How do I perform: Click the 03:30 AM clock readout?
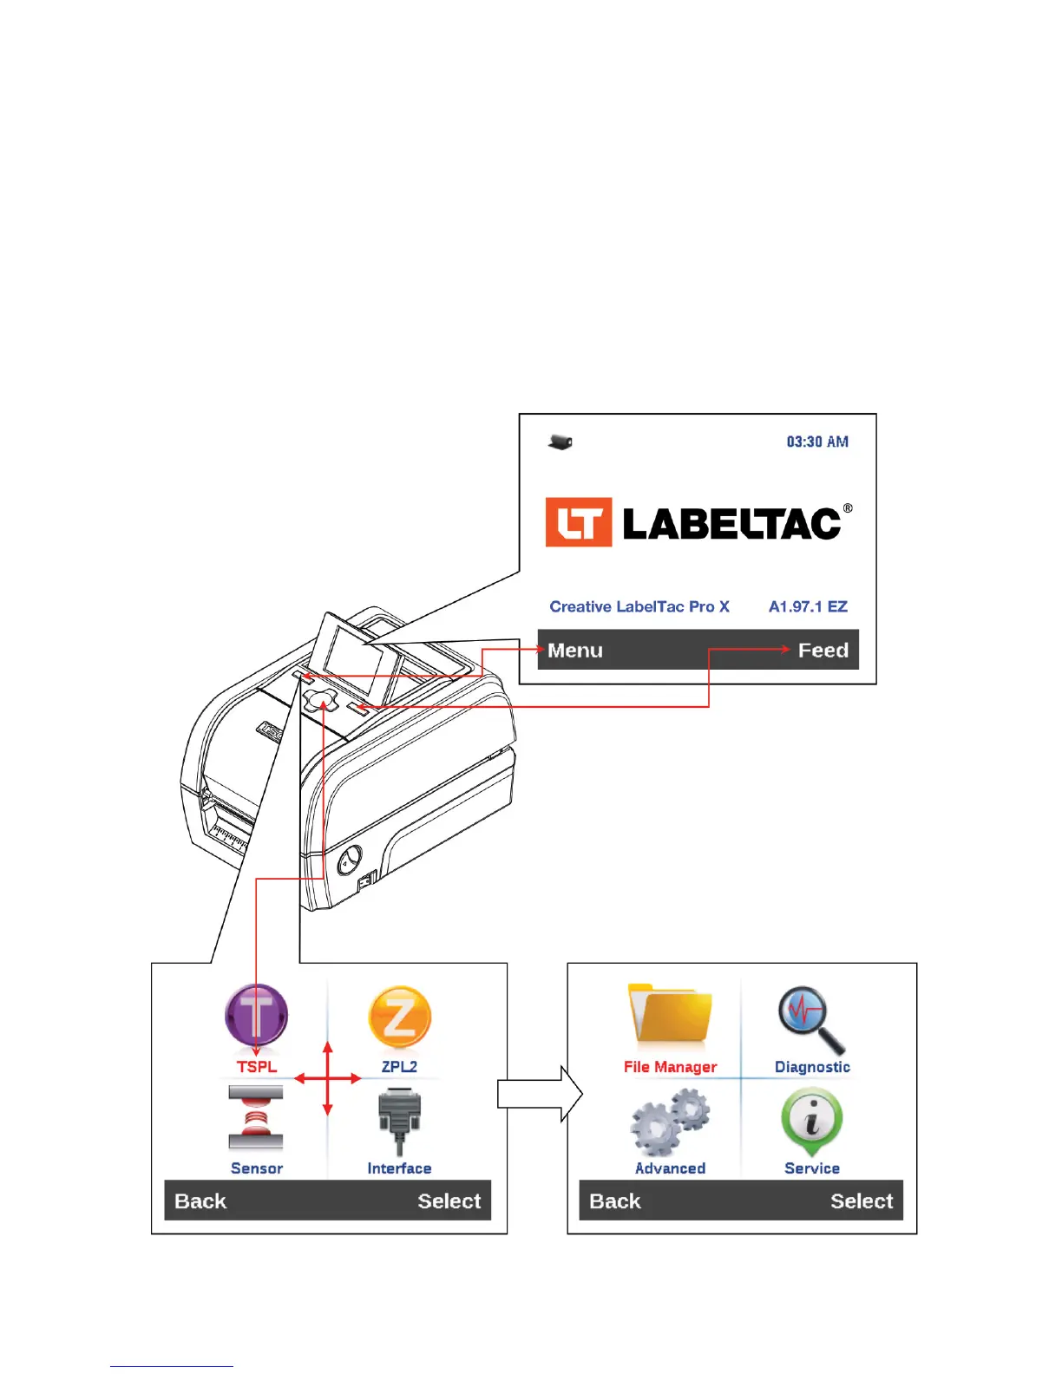click(816, 442)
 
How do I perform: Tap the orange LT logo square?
click(579, 522)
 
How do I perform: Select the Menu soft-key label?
click(575, 651)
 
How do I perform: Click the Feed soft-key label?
click(823, 651)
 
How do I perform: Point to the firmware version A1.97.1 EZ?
click(808, 606)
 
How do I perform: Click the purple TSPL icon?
click(257, 1016)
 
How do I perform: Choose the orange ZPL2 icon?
click(399, 1017)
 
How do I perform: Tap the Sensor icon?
click(256, 1119)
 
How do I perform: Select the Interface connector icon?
click(399, 1122)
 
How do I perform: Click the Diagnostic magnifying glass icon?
click(810, 1018)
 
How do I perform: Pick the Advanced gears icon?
click(670, 1122)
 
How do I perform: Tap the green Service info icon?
click(812, 1121)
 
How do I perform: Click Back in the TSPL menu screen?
click(200, 1201)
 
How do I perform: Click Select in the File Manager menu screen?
click(861, 1201)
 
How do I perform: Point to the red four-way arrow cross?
click(327, 1078)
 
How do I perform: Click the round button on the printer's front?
click(349, 860)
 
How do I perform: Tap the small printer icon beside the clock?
click(560, 442)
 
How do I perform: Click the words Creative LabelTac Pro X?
click(639, 606)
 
